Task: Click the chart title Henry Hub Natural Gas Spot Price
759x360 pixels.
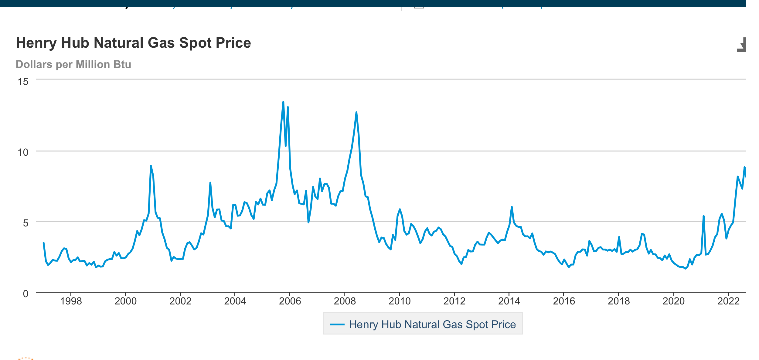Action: tap(133, 43)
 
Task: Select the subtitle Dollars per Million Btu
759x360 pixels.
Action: tap(73, 64)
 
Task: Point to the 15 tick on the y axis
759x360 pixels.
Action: tap(23, 81)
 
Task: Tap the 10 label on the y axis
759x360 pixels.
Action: tap(23, 152)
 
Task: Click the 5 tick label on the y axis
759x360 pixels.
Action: tap(26, 223)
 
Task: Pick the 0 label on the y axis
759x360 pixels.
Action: tap(26, 294)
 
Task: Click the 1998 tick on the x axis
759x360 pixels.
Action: tap(71, 301)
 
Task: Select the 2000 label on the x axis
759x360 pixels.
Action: tap(125, 301)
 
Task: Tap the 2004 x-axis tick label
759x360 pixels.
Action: tap(235, 301)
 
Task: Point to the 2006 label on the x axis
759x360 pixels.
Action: tap(290, 301)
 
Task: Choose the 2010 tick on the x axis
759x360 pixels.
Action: tap(400, 301)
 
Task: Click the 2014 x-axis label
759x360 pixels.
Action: tap(509, 301)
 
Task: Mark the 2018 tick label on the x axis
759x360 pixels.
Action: tap(619, 301)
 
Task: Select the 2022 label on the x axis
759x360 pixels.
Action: tap(728, 301)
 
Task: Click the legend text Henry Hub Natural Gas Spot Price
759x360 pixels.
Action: tap(432, 324)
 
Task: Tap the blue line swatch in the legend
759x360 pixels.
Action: tap(337, 324)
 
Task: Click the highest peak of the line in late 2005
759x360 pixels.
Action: tap(283, 102)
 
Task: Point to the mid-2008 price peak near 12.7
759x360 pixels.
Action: tap(356, 113)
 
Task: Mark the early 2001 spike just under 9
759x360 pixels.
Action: tap(151, 166)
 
